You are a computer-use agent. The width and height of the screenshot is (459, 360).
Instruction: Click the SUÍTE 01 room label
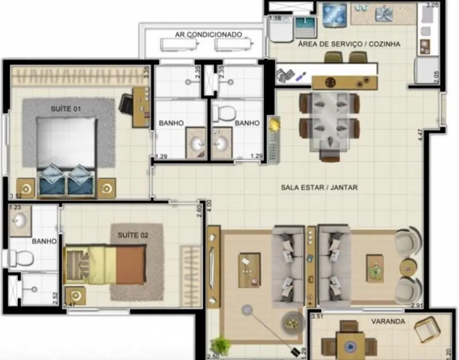[x=65, y=109]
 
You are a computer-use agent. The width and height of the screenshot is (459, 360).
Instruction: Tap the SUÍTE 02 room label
[x=133, y=235]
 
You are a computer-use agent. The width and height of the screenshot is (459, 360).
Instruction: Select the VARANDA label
[x=388, y=321]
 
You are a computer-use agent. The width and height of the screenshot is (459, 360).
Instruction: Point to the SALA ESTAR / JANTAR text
[x=319, y=188]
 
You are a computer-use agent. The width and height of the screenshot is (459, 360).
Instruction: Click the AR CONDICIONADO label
[x=208, y=34]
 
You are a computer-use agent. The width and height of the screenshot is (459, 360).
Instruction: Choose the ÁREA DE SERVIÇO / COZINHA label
[x=349, y=44]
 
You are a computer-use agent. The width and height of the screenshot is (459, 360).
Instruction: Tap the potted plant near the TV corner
[x=221, y=344]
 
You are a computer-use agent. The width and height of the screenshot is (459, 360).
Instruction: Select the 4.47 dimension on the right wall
[x=420, y=135]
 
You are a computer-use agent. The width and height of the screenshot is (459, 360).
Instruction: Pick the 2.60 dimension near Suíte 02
[x=199, y=211]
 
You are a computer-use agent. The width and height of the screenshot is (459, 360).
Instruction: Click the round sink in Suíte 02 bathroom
[x=20, y=221]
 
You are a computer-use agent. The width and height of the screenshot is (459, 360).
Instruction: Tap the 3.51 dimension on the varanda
[x=317, y=317]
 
